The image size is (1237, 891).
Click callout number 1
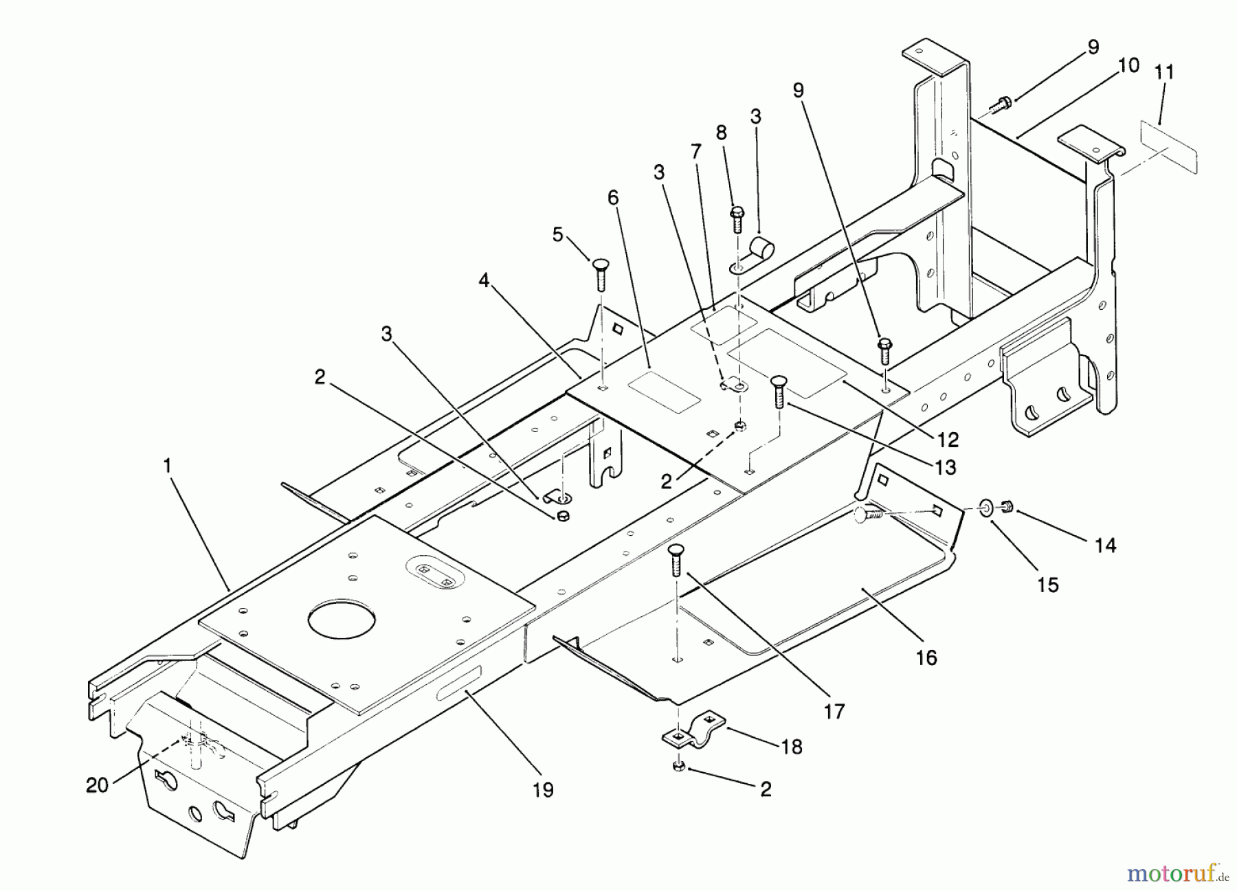(167, 465)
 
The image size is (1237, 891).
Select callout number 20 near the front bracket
(98, 785)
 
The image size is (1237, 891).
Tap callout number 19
(543, 790)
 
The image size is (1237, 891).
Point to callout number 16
(926, 657)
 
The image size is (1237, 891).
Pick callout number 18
(792, 747)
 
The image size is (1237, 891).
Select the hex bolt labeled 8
(737, 218)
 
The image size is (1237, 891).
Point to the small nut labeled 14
(1007, 507)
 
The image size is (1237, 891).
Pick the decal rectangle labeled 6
(664, 393)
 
